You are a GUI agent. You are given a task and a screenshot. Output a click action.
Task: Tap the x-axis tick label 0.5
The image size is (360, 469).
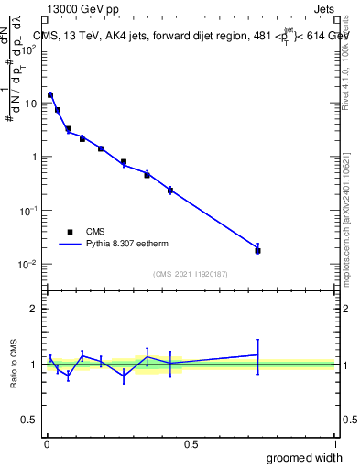[191, 444]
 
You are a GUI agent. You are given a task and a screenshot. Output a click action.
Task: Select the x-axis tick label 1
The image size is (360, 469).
[335, 444]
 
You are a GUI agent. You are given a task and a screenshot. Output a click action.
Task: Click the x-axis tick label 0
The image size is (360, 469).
[47, 444]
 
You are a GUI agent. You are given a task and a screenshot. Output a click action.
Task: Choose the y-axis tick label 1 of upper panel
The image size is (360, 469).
[35, 157]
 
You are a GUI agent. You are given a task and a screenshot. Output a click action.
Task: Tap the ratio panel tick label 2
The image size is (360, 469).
[35, 309]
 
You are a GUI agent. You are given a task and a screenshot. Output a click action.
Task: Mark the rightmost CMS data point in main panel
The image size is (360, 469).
[257, 250]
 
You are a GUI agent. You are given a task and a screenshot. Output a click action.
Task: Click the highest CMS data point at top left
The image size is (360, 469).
[50, 94]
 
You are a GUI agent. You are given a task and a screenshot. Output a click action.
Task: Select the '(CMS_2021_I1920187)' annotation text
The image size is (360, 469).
[191, 274]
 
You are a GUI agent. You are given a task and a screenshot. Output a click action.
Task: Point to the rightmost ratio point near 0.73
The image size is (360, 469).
[257, 354]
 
